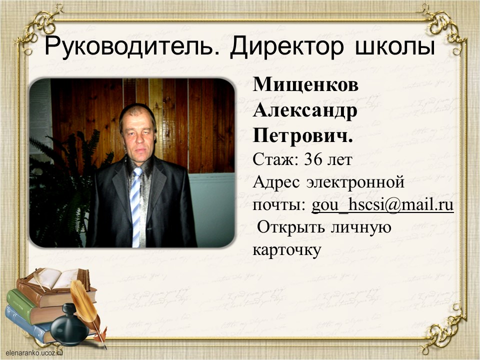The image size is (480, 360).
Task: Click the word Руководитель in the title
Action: pos(129,47)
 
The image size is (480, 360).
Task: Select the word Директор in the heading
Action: pos(287,47)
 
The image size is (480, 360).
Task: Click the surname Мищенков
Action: pos(305,85)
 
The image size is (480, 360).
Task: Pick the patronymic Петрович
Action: pos(303,135)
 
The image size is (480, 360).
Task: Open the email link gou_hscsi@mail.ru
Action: pos(382,205)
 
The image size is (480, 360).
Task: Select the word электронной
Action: pos(355,182)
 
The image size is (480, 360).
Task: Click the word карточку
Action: pos(287,250)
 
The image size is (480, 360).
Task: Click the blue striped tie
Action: pos(136,207)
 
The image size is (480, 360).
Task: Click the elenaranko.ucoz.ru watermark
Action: pos(34,353)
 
